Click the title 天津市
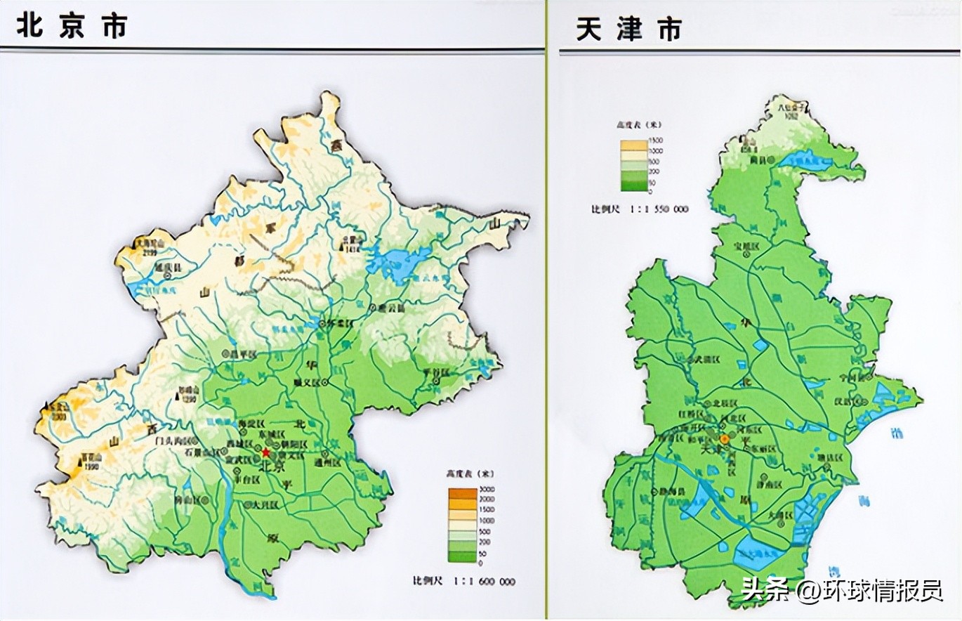(629, 29)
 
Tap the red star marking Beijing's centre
(266, 452)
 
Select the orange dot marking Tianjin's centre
(725, 438)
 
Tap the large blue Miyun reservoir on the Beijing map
(397, 264)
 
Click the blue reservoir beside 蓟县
(808, 162)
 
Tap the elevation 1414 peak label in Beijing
(350, 247)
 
